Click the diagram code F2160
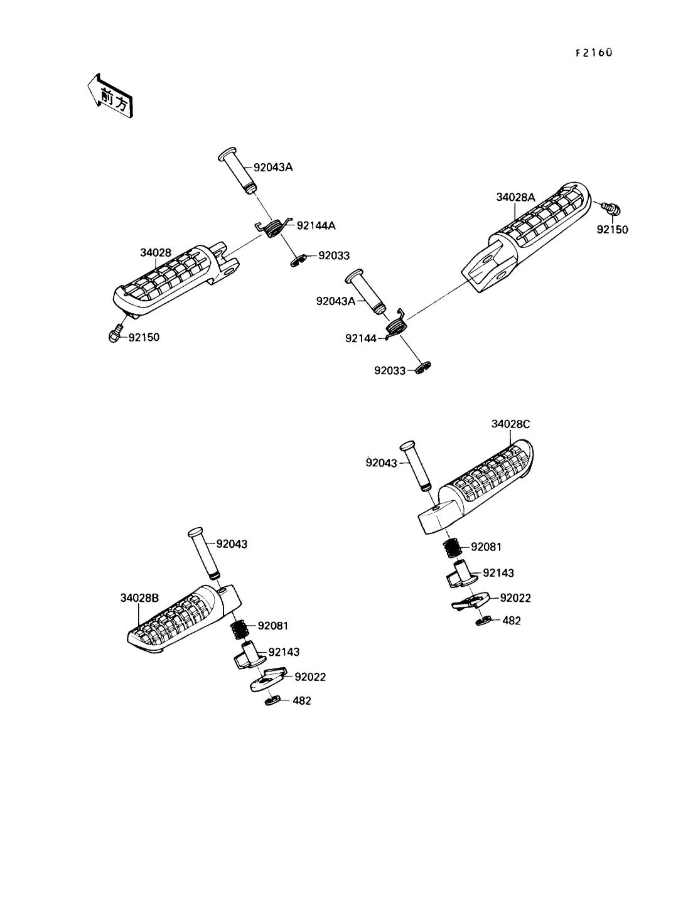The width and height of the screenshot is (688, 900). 594,53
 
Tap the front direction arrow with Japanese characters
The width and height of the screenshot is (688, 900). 110,97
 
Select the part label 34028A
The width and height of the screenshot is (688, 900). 515,197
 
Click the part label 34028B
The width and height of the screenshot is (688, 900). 139,598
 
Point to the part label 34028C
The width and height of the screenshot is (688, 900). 510,424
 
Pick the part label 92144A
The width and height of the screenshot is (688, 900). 316,225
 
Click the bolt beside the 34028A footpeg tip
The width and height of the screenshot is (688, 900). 611,209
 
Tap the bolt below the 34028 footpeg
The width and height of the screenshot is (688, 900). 116,334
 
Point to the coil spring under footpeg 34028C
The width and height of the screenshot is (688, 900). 453,547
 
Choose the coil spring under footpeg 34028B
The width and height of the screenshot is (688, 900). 239,629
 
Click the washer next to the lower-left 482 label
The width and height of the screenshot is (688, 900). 272,700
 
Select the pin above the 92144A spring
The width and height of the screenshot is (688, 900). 238,171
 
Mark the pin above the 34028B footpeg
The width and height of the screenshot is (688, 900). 204,553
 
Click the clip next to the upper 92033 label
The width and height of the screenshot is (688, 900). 298,260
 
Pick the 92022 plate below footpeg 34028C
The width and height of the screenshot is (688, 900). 471,601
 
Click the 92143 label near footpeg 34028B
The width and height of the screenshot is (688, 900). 284,652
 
